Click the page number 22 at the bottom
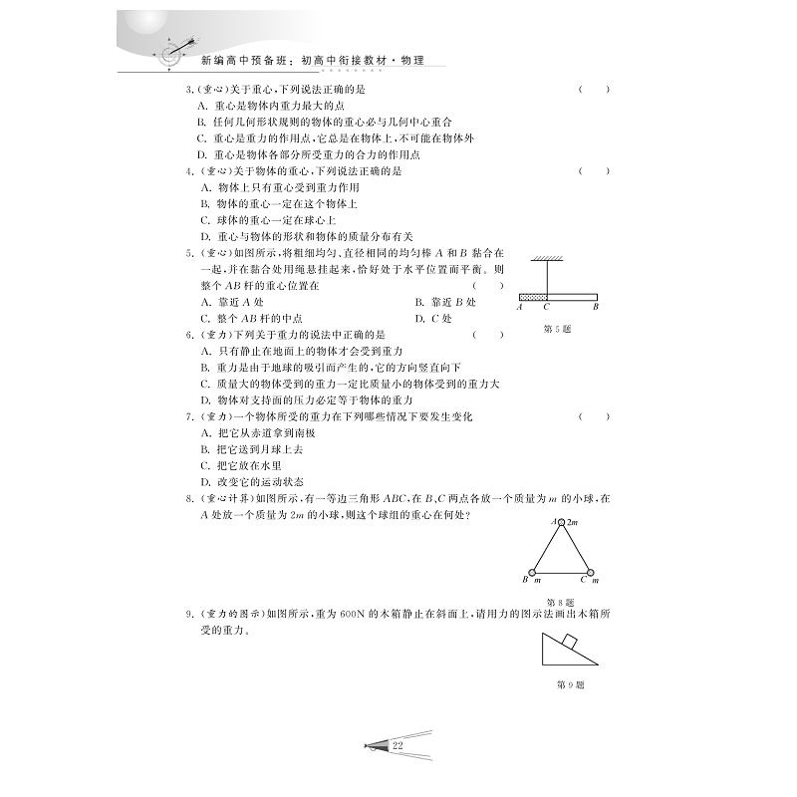click(x=398, y=745)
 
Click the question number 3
click(x=189, y=90)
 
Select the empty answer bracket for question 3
click(x=594, y=90)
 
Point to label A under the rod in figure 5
click(x=520, y=307)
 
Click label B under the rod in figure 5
click(x=595, y=307)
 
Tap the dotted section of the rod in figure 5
click(x=532, y=296)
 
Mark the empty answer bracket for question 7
click(x=594, y=415)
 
